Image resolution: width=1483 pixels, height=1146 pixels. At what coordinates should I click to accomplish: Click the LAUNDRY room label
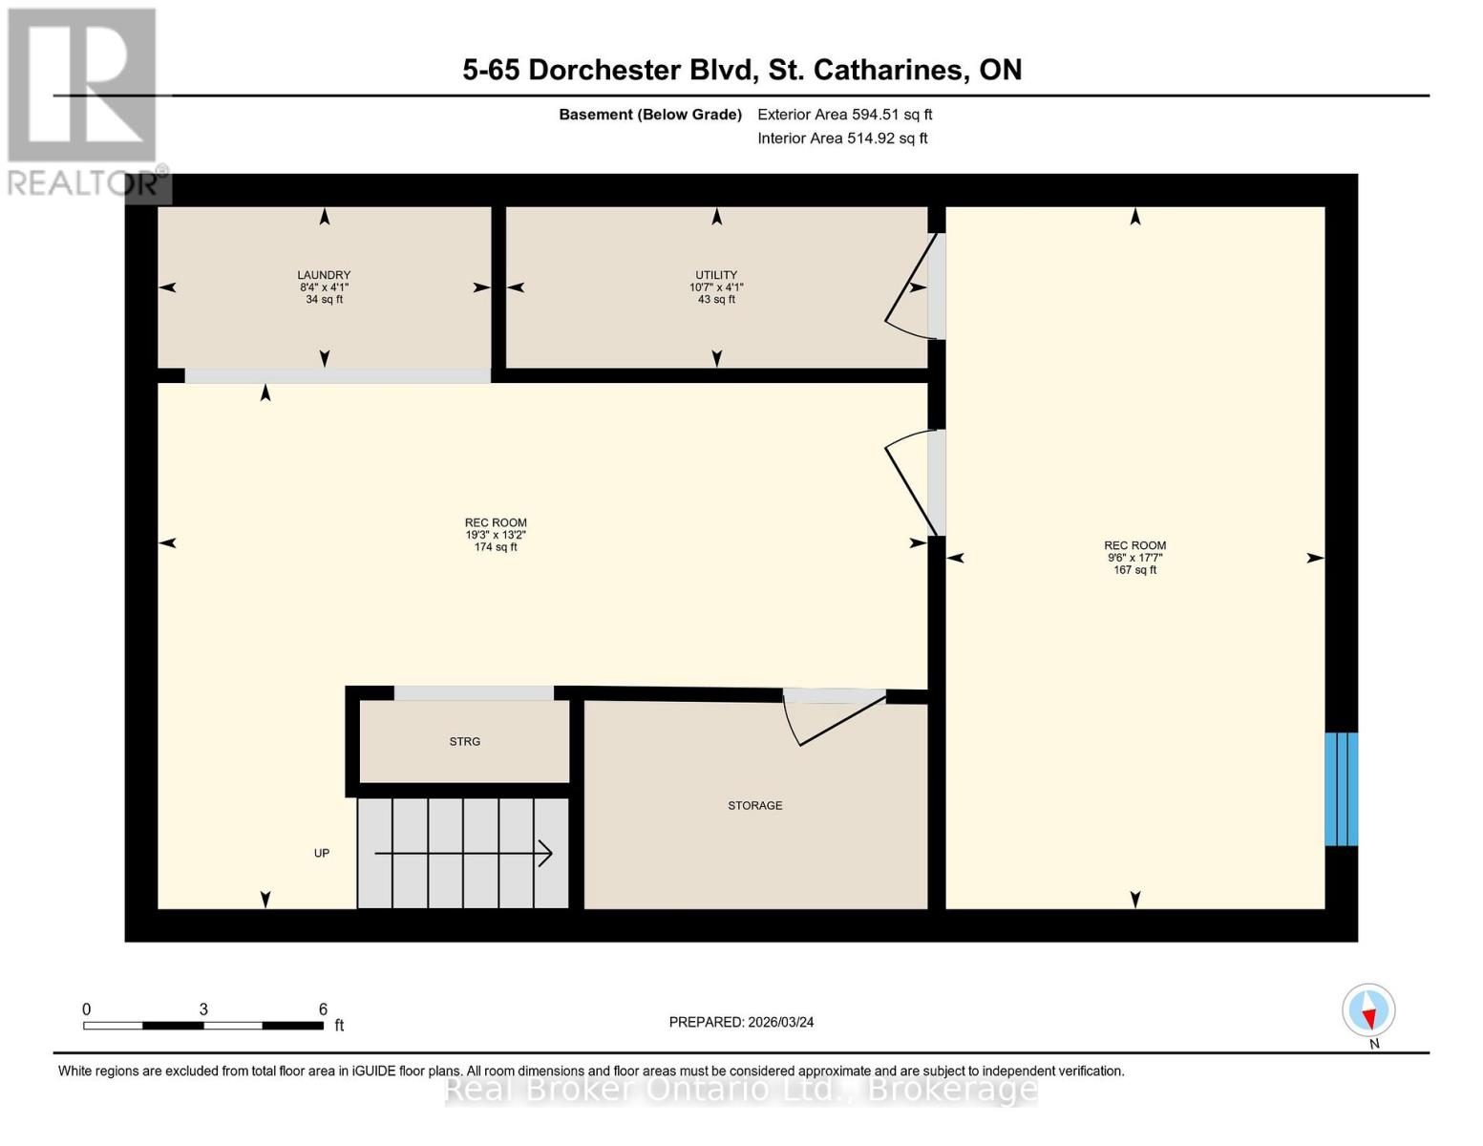(x=324, y=275)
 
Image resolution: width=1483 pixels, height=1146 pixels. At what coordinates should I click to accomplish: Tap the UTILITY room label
(x=716, y=275)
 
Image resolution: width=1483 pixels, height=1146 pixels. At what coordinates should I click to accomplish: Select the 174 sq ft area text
(x=496, y=547)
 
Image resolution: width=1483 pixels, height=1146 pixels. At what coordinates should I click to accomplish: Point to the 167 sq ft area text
(x=1134, y=570)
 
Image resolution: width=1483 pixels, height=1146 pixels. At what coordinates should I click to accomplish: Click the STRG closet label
(x=465, y=742)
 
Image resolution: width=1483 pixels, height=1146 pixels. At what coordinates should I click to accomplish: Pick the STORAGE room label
(x=754, y=806)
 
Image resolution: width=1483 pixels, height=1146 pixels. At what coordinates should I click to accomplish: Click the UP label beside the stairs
(x=322, y=853)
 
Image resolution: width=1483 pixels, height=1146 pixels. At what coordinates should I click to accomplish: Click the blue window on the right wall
(x=1341, y=789)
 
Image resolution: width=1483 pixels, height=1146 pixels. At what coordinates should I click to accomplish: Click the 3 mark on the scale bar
(x=203, y=1009)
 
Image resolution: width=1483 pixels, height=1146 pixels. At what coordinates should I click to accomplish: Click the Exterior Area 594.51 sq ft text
(x=844, y=115)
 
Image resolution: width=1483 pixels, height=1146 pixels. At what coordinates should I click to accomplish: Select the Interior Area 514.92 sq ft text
(x=842, y=138)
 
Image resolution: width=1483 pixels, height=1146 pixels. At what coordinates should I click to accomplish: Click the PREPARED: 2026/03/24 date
(x=741, y=1022)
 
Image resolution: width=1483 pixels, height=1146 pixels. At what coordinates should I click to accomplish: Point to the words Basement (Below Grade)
(x=649, y=115)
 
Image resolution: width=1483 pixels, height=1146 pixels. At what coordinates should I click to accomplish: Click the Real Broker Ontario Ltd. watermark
(x=741, y=1089)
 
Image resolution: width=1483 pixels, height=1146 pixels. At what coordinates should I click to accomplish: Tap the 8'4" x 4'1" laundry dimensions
(x=324, y=287)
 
